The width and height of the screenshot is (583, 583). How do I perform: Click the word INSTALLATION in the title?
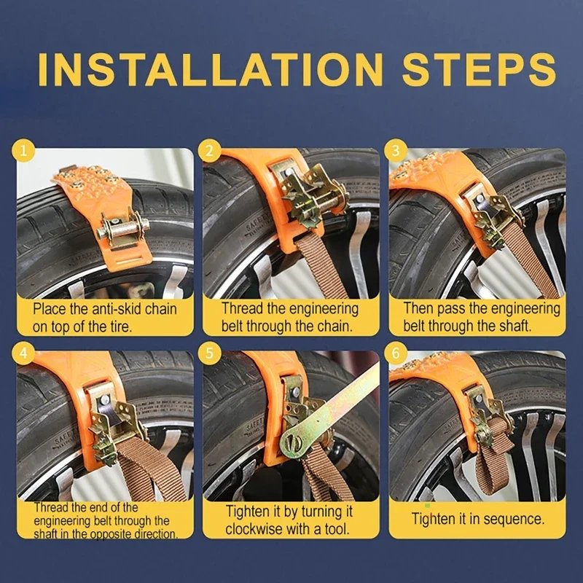tap(211, 69)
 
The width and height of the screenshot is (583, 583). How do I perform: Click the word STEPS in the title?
tap(479, 69)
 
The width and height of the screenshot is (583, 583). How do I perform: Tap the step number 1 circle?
tap(23, 151)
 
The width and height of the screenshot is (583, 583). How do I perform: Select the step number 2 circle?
tap(210, 151)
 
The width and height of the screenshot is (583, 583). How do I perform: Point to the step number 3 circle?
tap(396, 151)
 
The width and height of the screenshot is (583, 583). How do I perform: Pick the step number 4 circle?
tap(23, 353)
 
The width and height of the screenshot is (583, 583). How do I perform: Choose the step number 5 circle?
tap(210, 353)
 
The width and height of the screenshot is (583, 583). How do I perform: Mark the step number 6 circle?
tap(396, 353)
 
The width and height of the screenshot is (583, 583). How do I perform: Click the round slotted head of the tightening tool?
tap(294, 444)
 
